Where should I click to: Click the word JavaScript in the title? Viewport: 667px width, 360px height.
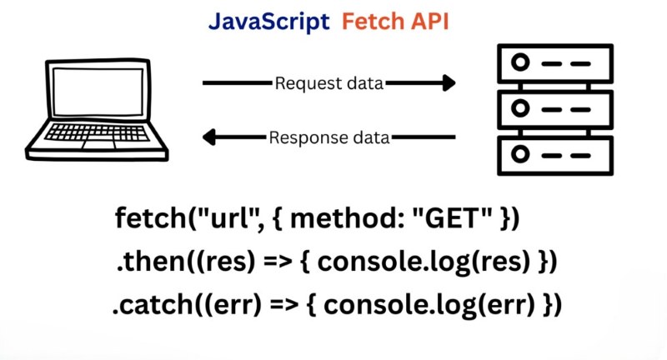click(x=268, y=22)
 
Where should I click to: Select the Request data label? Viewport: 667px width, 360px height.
click(x=329, y=83)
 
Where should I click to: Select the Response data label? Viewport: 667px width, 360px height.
click(x=329, y=137)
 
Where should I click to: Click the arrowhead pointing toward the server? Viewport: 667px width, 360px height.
click(x=449, y=83)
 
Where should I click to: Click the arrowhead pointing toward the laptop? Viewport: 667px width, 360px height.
click(x=211, y=137)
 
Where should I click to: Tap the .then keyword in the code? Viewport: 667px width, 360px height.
click(x=143, y=262)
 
